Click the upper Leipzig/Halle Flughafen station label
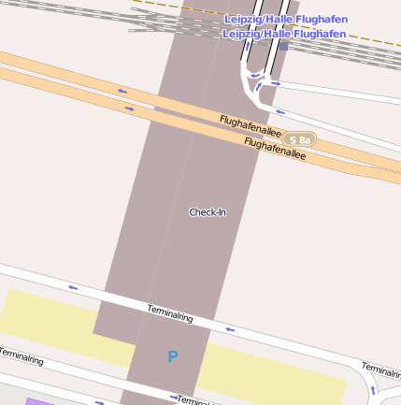click(284, 20)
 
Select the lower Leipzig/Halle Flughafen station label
click(284, 34)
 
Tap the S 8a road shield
click(300, 139)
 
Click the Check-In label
click(208, 212)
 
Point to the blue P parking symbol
click(172, 356)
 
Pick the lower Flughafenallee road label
click(275, 148)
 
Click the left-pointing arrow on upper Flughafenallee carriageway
click(122, 92)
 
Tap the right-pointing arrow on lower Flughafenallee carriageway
click(130, 108)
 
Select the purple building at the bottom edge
click(37, 401)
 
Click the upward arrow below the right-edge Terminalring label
click(374, 389)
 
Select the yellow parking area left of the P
click(56, 318)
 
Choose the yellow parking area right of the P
click(271, 369)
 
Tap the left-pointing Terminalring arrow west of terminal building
click(71, 287)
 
